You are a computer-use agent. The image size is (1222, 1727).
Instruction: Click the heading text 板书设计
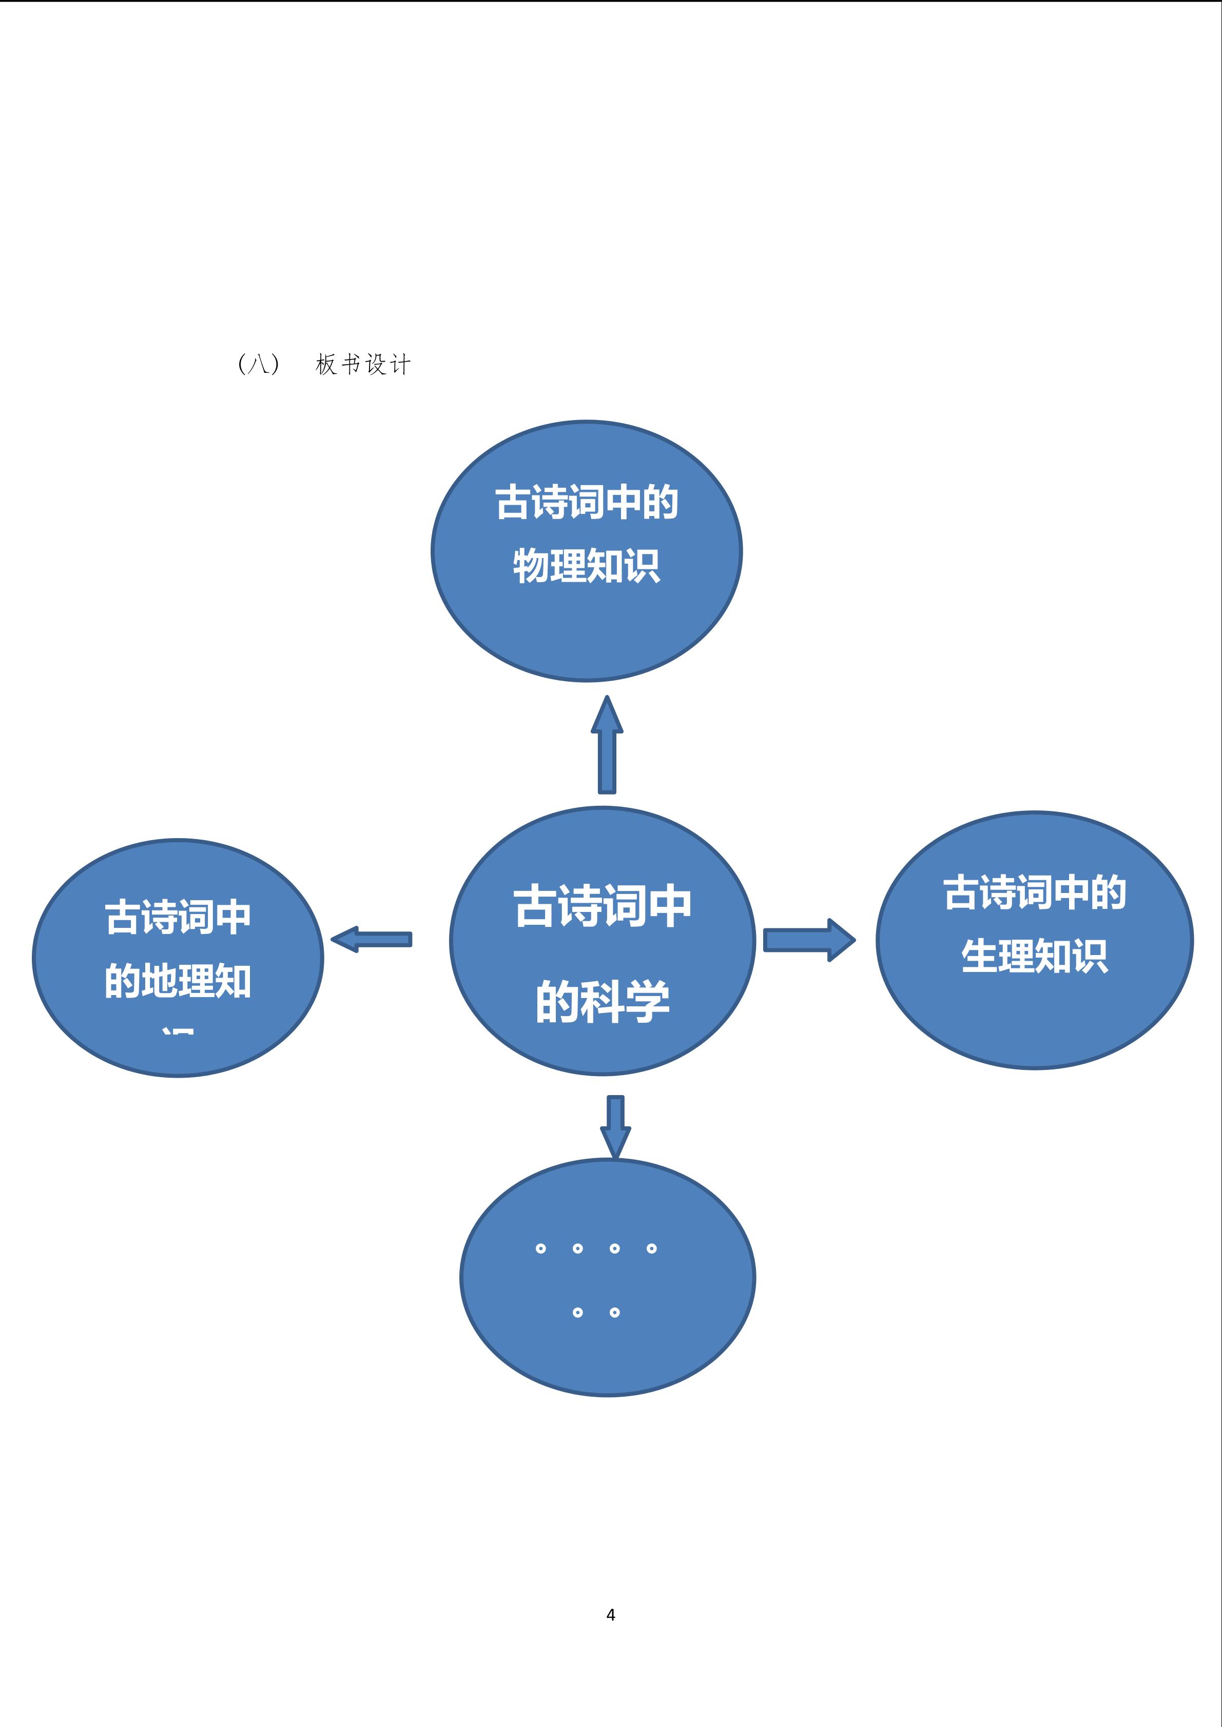[x=363, y=365]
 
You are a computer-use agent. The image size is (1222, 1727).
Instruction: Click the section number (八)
[x=258, y=365]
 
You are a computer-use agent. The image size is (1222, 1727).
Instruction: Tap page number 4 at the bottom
[x=610, y=1614]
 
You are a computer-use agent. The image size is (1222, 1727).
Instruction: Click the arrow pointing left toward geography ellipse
[x=371, y=940]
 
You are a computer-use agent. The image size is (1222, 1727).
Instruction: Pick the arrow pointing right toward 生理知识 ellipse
[x=808, y=940]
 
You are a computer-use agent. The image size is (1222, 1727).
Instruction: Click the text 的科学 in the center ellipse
[x=602, y=1003]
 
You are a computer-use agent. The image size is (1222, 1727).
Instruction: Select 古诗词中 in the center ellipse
[x=602, y=906]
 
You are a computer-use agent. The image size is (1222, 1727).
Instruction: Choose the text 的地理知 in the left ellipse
[x=178, y=981]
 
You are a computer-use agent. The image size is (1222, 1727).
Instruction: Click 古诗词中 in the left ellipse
[x=178, y=918]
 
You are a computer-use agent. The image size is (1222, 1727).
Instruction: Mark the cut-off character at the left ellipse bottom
[x=178, y=1030]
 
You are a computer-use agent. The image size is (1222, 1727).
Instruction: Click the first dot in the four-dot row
[x=540, y=1248]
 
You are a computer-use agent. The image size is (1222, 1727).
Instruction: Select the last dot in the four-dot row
[x=652, y=1248]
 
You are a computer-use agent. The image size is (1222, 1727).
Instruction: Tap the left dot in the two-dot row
[x=577, y=1313]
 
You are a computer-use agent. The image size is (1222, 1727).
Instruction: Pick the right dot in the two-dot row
[x=615, y=1313]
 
